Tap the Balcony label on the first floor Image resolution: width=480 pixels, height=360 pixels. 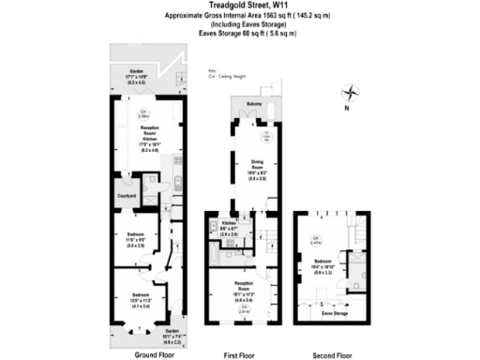(253, 103)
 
